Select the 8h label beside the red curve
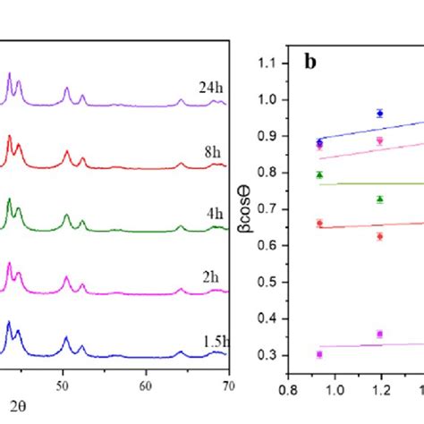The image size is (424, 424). click(x=212, y=152)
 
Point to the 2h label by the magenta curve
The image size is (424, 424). click(x=210, y=278)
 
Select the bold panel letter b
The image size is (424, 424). click(x=310, y=62)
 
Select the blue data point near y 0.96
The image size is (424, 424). click(x=380, y=114)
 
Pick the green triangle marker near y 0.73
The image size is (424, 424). click(x=380, y=199)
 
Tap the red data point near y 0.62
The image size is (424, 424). click(x=380, y=236)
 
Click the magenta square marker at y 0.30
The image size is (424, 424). click(x=319, y=354)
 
